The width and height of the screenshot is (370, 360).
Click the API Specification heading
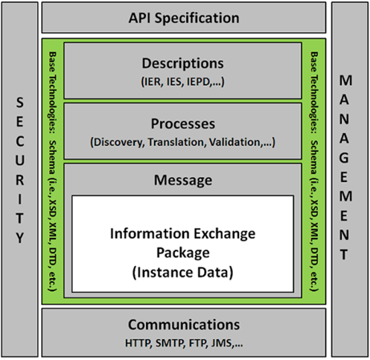pyautogui.click(x=184, y=18)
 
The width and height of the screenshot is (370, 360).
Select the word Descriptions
pyautogui.click(x=182, y=63)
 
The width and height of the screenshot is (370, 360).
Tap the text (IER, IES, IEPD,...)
pyautogui.click(x=182, y=81)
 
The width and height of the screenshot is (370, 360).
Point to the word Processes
pyautogui.click(x=183, y=124)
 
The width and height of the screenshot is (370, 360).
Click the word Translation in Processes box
pyautogui.click(x=177, y=142)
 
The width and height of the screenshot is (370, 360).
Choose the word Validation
pyautogui.click(x=235, y=142)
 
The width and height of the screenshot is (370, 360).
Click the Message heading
pyautogui.click(x=183, y=180)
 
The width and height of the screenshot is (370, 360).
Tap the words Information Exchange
pyautogui.click(x=182, y=233)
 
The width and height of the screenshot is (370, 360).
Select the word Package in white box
pyautogui.click(x=183, y=253)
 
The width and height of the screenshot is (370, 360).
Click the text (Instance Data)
pyautogui.click(x=183, y=272)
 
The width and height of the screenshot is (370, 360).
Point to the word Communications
pyautogui.click(x=184, y=324)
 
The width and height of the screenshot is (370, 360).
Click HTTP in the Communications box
pyautogui.click(x=138, y=343)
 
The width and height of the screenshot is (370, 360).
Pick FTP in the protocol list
pyautogui.click(x=198, y=343)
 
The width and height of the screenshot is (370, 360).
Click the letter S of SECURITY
pyautogui.click(x=20, y=102)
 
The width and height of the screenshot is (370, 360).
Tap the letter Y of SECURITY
pyautogui.click(x=20, y=238)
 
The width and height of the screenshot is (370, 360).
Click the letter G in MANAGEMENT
pyautogui.click(x=344, y=158)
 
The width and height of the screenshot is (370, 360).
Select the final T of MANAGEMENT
pyautogui.click(x=344, y=255)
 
